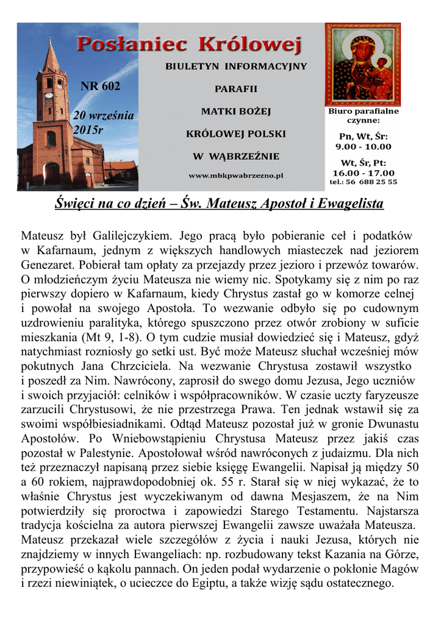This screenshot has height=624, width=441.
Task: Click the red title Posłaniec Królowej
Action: (190, 44)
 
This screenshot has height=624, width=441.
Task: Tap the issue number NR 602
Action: (101, 86)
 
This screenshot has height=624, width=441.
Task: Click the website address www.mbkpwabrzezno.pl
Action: (236, 175)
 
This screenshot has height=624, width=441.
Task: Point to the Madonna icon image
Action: (362, 64)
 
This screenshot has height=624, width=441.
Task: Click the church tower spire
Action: (51, 55)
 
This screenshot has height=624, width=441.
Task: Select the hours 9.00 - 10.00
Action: (364, 147)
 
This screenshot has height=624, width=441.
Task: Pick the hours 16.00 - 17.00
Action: (364, 172)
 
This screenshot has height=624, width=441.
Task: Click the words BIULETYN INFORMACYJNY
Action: (236, 66)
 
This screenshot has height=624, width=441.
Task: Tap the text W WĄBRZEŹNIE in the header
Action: (236, 157)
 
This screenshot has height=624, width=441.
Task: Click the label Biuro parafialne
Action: (364, 112)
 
